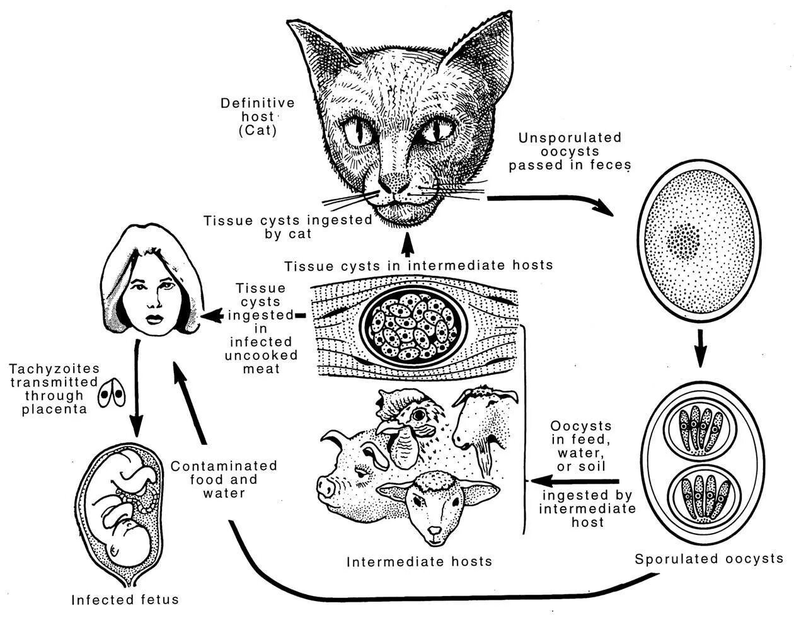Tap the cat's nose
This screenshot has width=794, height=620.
(x=395, y=183)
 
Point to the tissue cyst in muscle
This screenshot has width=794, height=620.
(x=412, y=327)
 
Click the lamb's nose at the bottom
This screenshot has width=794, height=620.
(x=434, y=533)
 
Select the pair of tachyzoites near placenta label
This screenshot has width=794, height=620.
(x=111, y=395)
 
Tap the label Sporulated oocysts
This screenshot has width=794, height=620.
(x=709, y=559)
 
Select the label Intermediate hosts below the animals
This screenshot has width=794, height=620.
(x=419, y=561)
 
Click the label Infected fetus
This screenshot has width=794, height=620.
(x=125, y=599)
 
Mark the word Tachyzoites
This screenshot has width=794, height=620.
(x=55, y=369)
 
